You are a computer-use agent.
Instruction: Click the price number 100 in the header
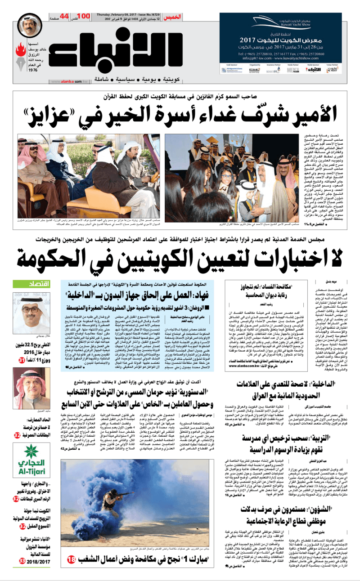[85, 17]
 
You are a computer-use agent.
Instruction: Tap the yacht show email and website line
[281, 58]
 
